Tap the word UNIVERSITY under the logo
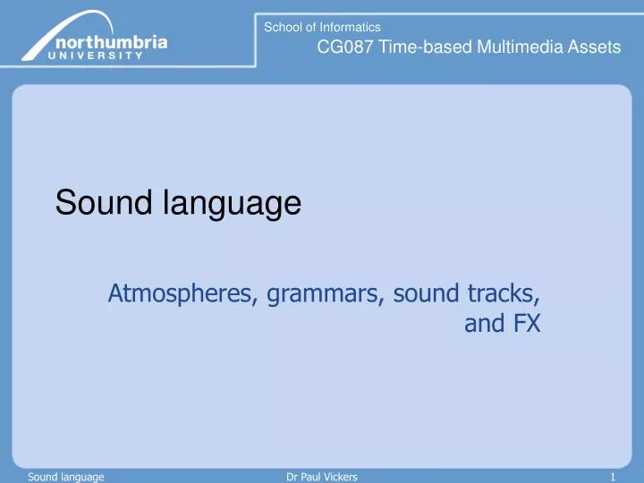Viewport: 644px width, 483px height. pyautogui.click(x=99, y=55)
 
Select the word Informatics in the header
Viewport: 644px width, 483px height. pyautogui.click(x=350, y=28)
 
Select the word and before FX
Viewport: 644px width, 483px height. pyautogui.click(x=483, y=324)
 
